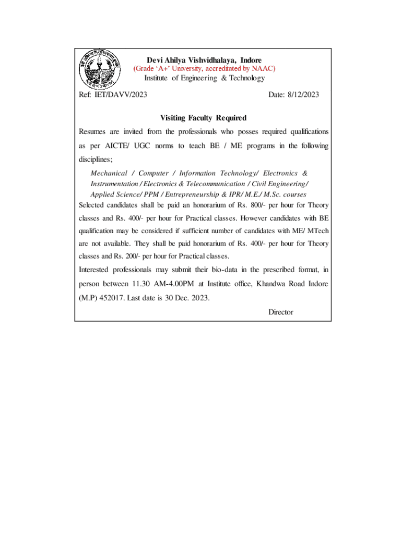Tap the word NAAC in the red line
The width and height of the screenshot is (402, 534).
coord(263,68)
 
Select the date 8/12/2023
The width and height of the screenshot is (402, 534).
coord(301,94)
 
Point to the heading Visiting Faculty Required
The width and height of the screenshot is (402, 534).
coord(203,118)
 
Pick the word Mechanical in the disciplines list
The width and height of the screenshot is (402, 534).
coord(109,173)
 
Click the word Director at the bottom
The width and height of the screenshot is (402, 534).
coord(281,312)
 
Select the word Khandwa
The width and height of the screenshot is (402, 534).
coord(263,284)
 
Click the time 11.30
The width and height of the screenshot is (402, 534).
coord(138,284)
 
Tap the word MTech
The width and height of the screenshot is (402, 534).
coord(318,230)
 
